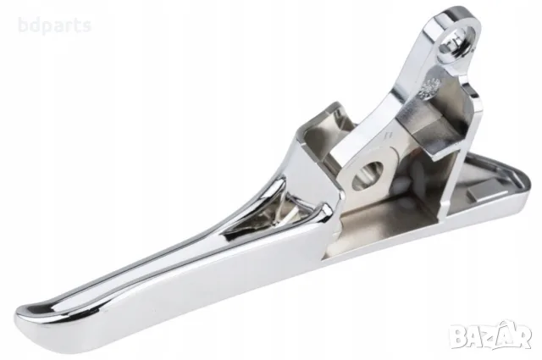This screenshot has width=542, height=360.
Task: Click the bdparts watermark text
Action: coord(54,26)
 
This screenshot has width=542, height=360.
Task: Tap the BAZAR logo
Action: coord(491,335)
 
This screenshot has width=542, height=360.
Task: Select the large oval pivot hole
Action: coord(368,174)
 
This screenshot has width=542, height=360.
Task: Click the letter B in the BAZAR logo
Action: coord(459,337)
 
